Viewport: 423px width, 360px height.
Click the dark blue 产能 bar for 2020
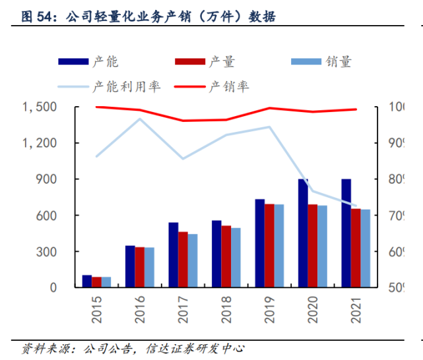(303, 233)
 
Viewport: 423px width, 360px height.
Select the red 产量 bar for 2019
(269, 246)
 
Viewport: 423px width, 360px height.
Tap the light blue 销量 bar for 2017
(192, 261)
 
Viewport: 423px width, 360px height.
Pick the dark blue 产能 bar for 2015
(86, 282)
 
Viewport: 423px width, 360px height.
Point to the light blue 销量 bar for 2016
(149, 268)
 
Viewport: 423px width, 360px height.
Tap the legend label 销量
(339, 62)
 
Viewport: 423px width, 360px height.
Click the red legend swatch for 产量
(190, 62)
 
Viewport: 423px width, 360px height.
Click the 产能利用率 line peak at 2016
(139, 119)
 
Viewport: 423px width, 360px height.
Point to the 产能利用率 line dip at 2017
(183, 159)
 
